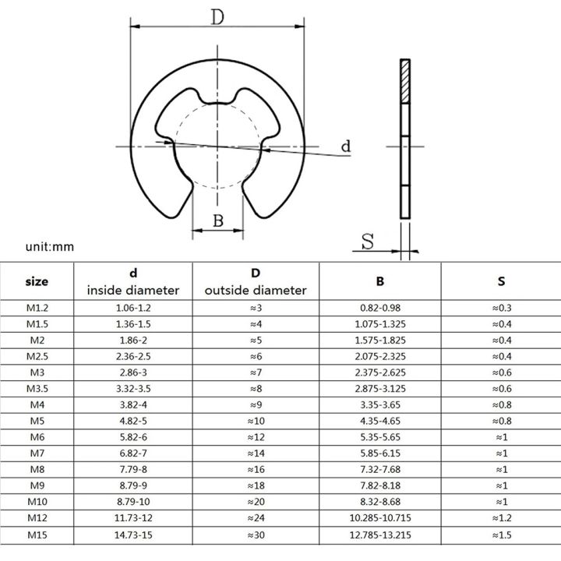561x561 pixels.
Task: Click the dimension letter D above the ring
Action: (217, 16)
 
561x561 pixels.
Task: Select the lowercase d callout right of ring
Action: (346, 146)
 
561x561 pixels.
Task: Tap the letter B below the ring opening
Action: (218, 221)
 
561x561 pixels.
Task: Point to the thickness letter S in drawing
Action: (368, 242)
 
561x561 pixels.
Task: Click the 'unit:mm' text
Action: (49, 247)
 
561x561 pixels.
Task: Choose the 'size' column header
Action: (37, 281)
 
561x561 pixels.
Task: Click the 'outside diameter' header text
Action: (256, 291)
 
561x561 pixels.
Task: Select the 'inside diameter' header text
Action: (133, 291)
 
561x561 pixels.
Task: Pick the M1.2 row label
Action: (37, 308)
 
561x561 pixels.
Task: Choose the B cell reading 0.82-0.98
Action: (381, 308)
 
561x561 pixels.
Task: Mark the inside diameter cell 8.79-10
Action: (133, 485)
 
